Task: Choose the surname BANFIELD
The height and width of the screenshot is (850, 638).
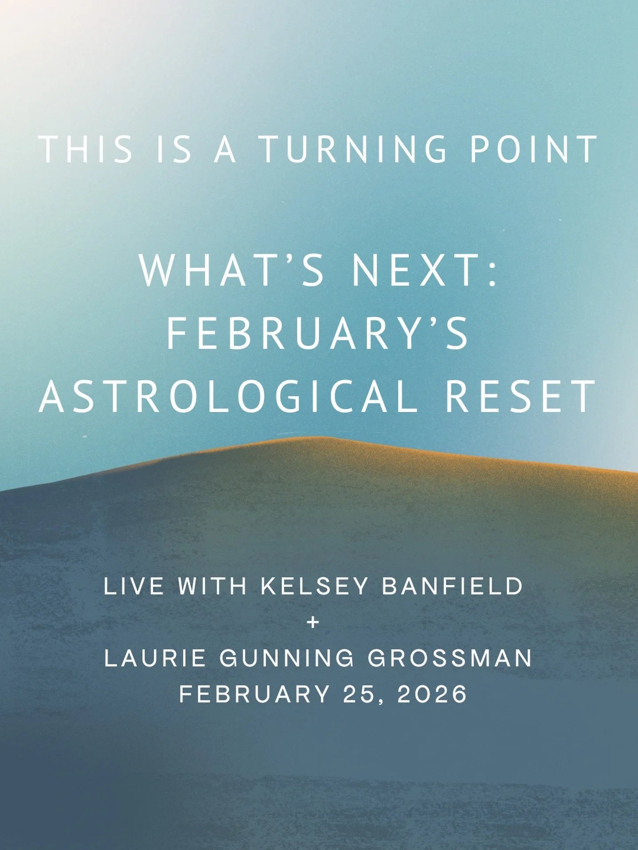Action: [453, 586]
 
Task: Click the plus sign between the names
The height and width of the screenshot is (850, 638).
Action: [313, 622]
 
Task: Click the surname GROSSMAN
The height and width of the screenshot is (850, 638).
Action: [450, 658]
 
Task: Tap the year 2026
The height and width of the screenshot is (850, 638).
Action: [432, 694]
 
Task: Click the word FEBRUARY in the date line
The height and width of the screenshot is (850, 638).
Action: [255, 694]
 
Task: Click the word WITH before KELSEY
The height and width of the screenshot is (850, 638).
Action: [212, 586]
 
